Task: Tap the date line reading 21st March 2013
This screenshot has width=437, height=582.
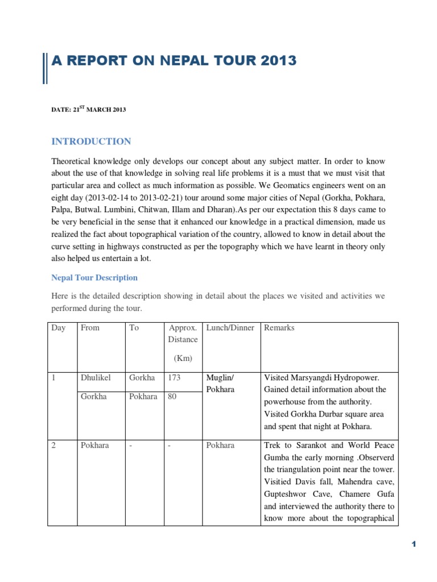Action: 88,110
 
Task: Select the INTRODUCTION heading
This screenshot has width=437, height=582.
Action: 91,142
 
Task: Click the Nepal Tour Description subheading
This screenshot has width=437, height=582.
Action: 94,278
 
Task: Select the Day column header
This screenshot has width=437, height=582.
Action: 59,328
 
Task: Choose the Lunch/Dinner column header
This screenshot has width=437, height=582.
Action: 230,328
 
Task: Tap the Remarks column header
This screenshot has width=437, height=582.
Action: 279,328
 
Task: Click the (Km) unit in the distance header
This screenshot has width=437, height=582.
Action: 183,358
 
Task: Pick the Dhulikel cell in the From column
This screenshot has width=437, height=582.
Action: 96,378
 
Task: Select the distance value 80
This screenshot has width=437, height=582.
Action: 172,397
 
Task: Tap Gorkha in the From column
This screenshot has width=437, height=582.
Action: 94,397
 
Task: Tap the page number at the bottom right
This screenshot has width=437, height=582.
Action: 414,544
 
